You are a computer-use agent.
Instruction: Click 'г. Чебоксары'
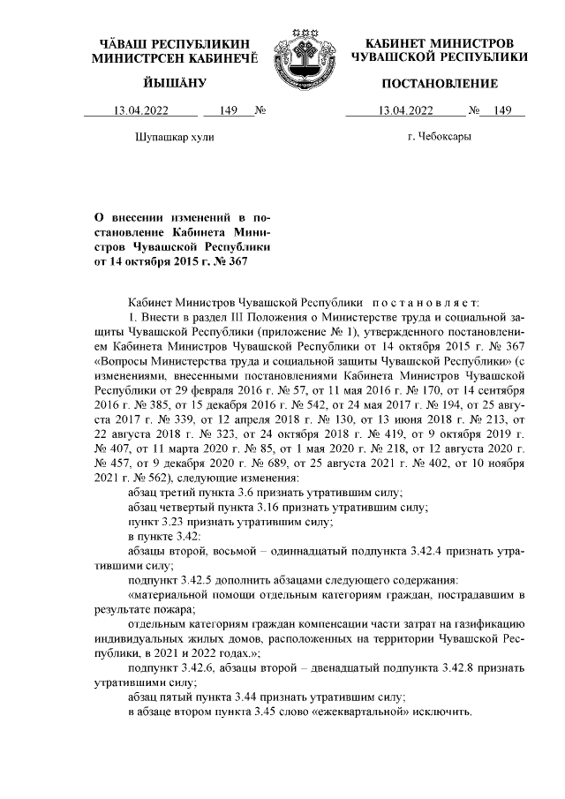tap(439, 138)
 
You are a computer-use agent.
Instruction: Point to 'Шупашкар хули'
tap(174, 138)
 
